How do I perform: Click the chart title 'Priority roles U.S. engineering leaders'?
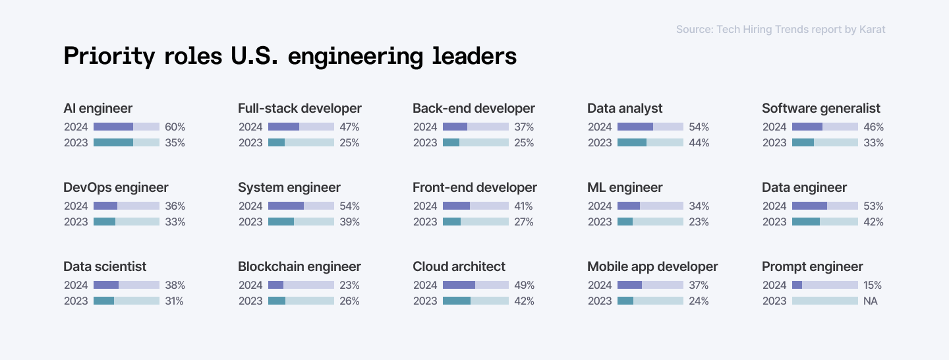[290, 57]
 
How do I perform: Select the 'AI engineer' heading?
[98, 108]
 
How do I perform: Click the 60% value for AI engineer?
[175, 127]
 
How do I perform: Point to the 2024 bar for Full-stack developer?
[301, 127]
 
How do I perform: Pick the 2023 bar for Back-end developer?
[476, 142]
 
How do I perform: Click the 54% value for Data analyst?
[699, 127]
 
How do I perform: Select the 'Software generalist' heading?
[820, 108]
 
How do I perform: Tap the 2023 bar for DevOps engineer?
[127, 222]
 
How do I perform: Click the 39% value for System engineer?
[349, 222]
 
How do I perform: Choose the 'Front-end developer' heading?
[474, 187]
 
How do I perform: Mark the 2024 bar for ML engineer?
[650, 206]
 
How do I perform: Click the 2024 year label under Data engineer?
[774, 206]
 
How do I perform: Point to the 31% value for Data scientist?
[174, 301]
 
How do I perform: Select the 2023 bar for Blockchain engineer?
[301, 301]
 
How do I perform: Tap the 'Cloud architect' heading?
[459, 266]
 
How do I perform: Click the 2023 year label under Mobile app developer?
[600, 301]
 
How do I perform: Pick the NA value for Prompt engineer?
[871, 301]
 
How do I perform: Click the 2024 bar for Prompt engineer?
[825, 285]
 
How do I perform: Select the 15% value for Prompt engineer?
[873, 285]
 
